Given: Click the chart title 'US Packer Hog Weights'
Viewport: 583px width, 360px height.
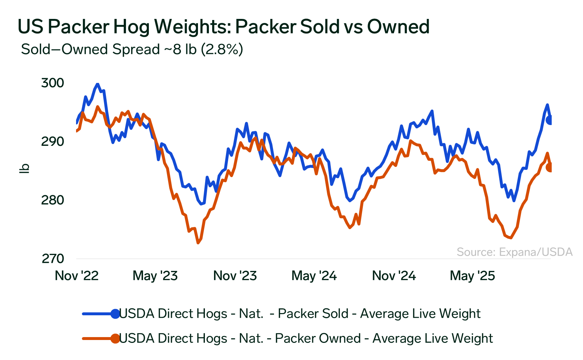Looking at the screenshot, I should (223, 27).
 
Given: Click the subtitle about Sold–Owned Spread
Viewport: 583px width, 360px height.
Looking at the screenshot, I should (132, 49).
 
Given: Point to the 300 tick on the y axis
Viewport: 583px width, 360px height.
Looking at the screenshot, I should (52, 83).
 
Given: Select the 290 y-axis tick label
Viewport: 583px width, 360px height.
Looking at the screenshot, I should (52, 141).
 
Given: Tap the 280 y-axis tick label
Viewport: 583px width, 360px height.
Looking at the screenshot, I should (52, 200).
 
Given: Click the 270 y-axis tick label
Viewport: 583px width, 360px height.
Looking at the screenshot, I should (52, 259).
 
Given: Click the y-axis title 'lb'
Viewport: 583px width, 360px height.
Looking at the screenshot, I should (24, 168).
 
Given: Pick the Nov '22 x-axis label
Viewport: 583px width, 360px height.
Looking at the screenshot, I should (76, 276).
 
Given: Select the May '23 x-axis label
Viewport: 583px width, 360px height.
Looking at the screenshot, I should (155, 276).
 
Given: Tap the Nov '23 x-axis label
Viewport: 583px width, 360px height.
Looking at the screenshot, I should (235, 276).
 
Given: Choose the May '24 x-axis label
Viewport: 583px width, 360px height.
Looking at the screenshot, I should (314, 276).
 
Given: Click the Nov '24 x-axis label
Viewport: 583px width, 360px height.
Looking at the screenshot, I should (394, 276).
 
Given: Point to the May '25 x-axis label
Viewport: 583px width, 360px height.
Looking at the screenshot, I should (472, 276).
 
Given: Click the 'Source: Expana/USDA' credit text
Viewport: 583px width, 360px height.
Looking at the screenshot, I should (515, 252).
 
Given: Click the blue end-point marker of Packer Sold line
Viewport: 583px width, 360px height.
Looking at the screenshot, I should (550, 120).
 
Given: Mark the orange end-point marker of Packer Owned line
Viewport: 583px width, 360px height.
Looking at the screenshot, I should (550, 167).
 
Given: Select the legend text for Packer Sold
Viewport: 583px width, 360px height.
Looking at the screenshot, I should (300, 313).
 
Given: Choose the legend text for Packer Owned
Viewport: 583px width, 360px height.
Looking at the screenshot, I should (306, 338).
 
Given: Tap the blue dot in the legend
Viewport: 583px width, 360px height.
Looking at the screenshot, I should (115, 313).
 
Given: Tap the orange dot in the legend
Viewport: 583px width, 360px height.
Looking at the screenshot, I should (115, 338).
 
